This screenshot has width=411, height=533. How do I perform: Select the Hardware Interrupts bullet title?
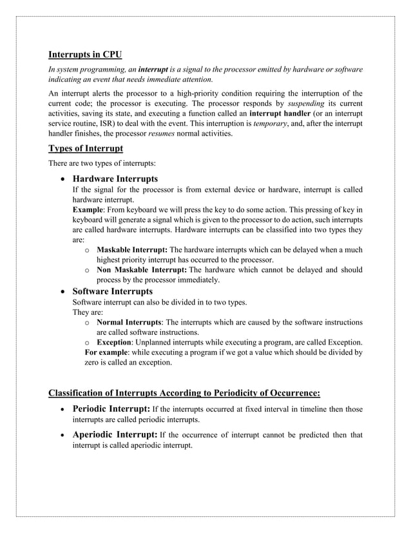[115, 178]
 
